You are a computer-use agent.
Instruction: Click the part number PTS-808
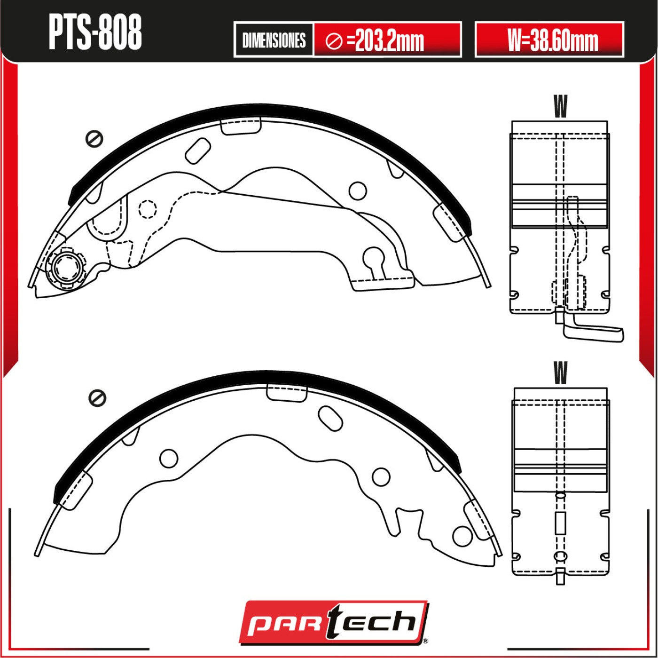[95, 33]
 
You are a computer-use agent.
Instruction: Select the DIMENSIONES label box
[274, 40]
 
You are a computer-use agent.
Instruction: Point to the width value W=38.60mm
[553, 40]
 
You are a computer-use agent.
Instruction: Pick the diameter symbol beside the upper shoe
[94, 139]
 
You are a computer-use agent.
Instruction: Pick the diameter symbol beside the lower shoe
[97, 398]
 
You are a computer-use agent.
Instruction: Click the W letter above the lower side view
[561, 372]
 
